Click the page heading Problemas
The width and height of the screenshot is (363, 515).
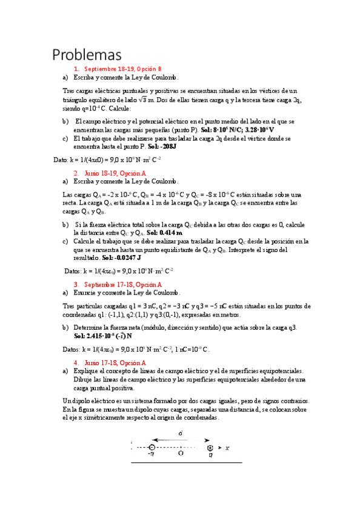(x=87, y=55)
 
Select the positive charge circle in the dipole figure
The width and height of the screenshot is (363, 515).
(x=210, y=448)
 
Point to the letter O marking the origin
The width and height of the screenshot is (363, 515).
(x=181, y=452)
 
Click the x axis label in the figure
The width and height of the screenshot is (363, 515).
(x=227, y=448)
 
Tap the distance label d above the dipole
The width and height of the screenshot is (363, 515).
(x=180, y=433)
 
